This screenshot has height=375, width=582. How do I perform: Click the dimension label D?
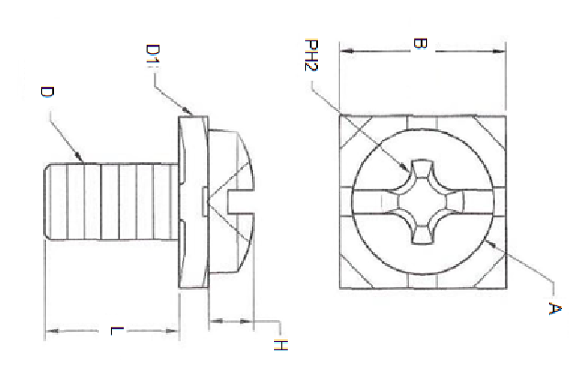point(47,93)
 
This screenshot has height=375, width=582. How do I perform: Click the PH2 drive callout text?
point(313,56)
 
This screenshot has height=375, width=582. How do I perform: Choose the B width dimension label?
point(418,43)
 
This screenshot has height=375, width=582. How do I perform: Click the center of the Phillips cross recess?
point(423,202)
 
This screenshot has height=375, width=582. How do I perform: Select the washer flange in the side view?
point(191,202)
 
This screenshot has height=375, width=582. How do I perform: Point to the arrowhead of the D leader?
point(84,160)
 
